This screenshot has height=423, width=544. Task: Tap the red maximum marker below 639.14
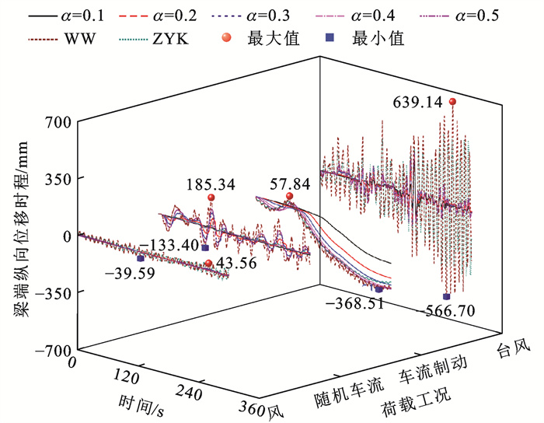click(452, 102)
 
